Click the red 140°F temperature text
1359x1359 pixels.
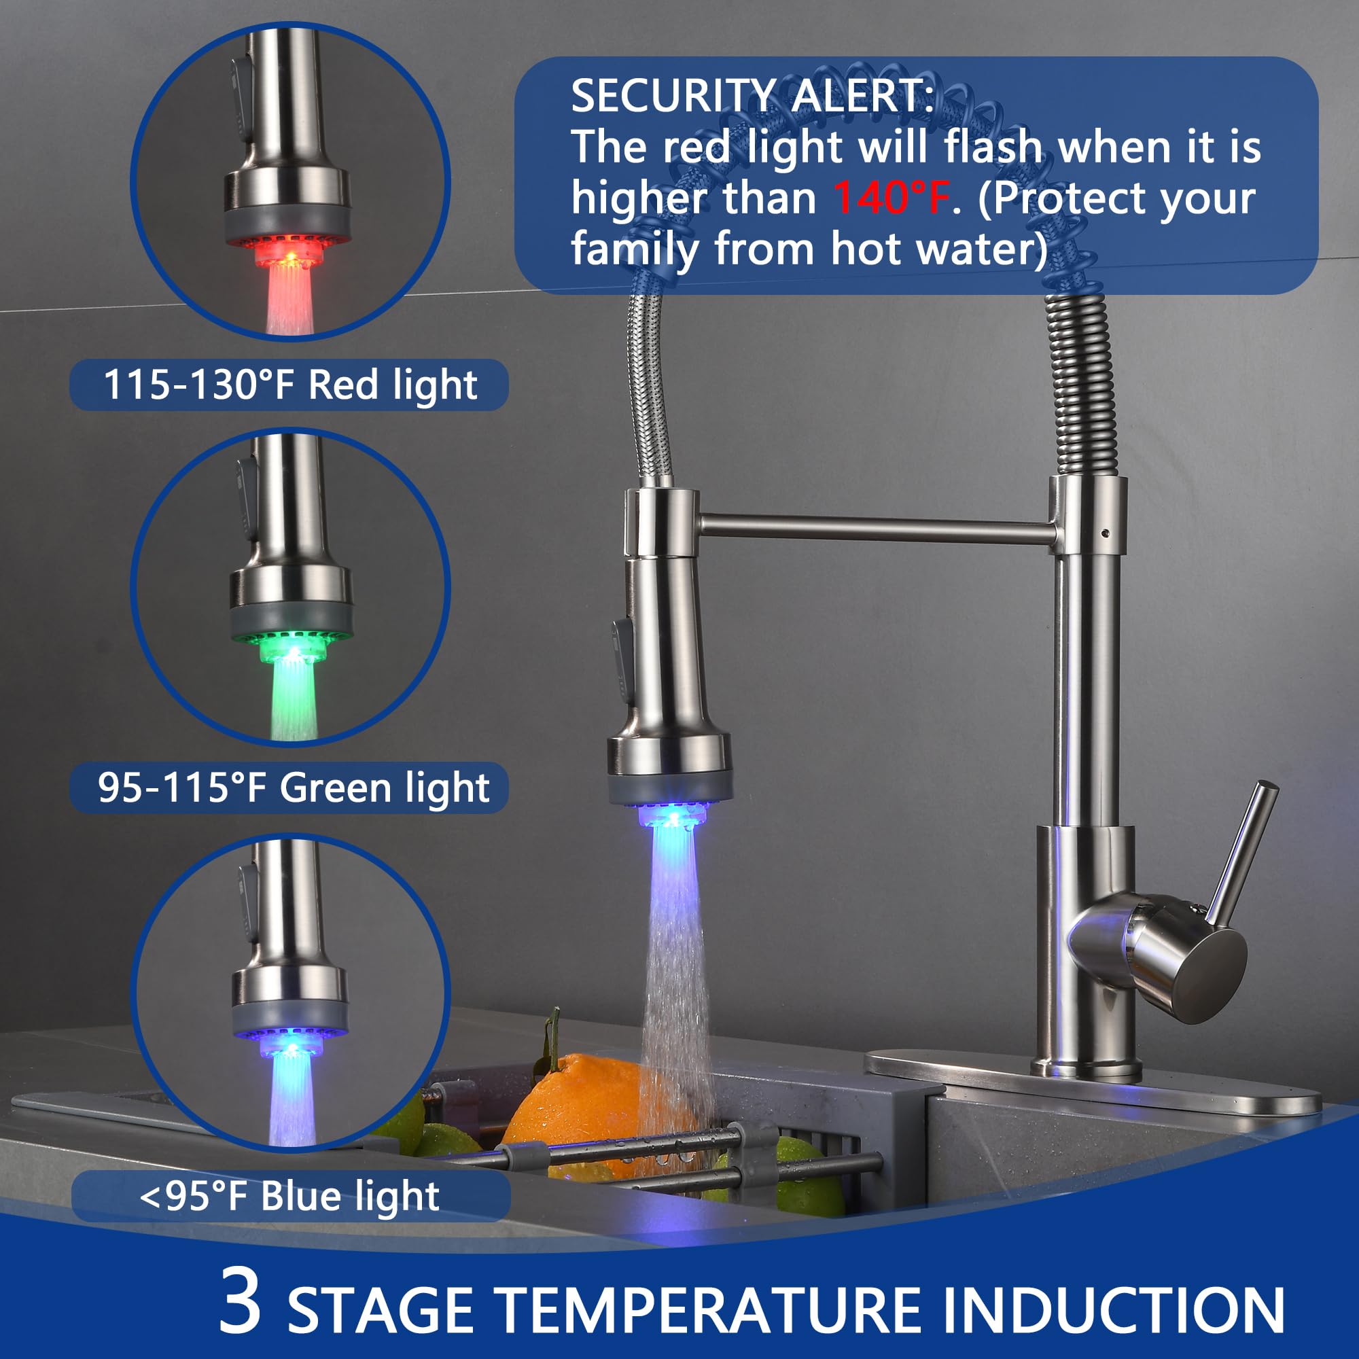(892, 198)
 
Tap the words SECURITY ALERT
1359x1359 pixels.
(753, 96)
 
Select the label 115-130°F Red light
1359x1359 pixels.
(290, 385)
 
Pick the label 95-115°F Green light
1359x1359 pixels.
(293, 787)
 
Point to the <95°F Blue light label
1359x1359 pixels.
(290, 1196)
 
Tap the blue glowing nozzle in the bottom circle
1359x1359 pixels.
(290, 1048)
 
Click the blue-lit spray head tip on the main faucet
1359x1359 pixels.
(672, 816)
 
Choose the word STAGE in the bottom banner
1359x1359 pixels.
(380, 1310)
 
